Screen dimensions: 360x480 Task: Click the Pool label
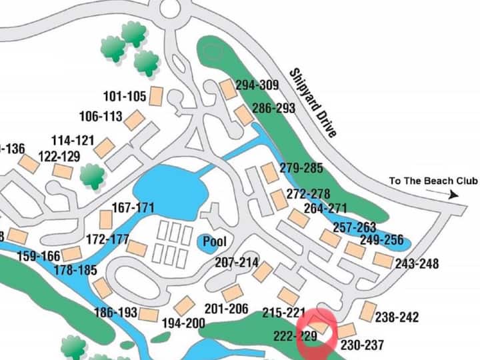[215, 242]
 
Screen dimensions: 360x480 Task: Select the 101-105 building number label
[125, 96]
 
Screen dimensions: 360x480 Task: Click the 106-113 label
[101, 117]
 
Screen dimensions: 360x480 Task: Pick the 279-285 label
[301, 169]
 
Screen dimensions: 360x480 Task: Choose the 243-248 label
[417, 264]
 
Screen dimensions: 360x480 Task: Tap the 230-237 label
[362, 345]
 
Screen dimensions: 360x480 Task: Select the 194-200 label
[183, 323]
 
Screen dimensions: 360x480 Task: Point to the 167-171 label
[133, 207]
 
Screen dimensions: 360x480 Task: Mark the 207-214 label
[237, 263]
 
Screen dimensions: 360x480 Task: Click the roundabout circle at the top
[170, 9]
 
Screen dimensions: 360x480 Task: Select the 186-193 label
[116, 312]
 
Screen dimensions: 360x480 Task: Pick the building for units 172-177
[137, 248]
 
